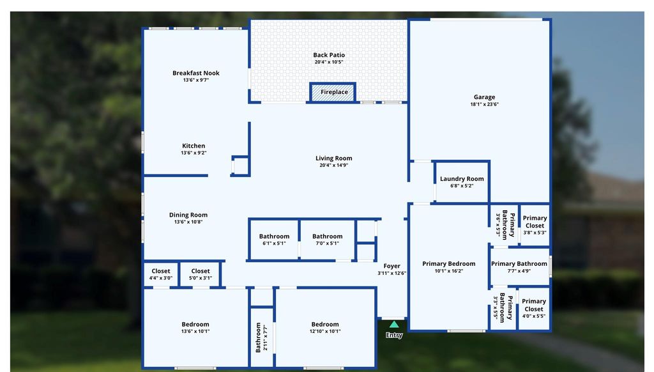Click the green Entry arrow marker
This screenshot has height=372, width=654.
click(393, 325)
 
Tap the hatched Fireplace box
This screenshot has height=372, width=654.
click(333, 92)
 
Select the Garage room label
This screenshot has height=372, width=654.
click(484, 97)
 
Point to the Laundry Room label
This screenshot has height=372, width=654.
click(462, 179)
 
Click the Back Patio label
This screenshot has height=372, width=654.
click(329, 55)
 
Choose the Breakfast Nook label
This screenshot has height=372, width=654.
click(196, 73)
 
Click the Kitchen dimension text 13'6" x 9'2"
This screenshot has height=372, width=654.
click(194, 153)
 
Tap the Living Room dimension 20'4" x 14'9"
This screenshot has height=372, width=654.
click(333, 165)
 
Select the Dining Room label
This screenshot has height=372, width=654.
click(188, 215)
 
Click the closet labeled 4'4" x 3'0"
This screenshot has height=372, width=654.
click(160, 274)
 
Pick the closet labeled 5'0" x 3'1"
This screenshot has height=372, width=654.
click(200, 274)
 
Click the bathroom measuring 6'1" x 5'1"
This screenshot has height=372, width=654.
click(274, 239)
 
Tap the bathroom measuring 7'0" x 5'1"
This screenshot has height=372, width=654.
click(328, 239)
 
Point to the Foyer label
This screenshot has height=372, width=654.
click(392, 266)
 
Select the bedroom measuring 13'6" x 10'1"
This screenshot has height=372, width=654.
click(195, 328)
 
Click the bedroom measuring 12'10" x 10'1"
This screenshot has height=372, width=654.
click(325, 328)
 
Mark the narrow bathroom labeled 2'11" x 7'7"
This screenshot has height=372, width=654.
click(262, 337)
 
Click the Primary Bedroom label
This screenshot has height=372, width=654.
click(449, 264)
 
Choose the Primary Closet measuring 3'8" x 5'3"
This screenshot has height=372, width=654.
click(535, 225)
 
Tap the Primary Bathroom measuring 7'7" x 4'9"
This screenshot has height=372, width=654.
click(519, 267)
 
